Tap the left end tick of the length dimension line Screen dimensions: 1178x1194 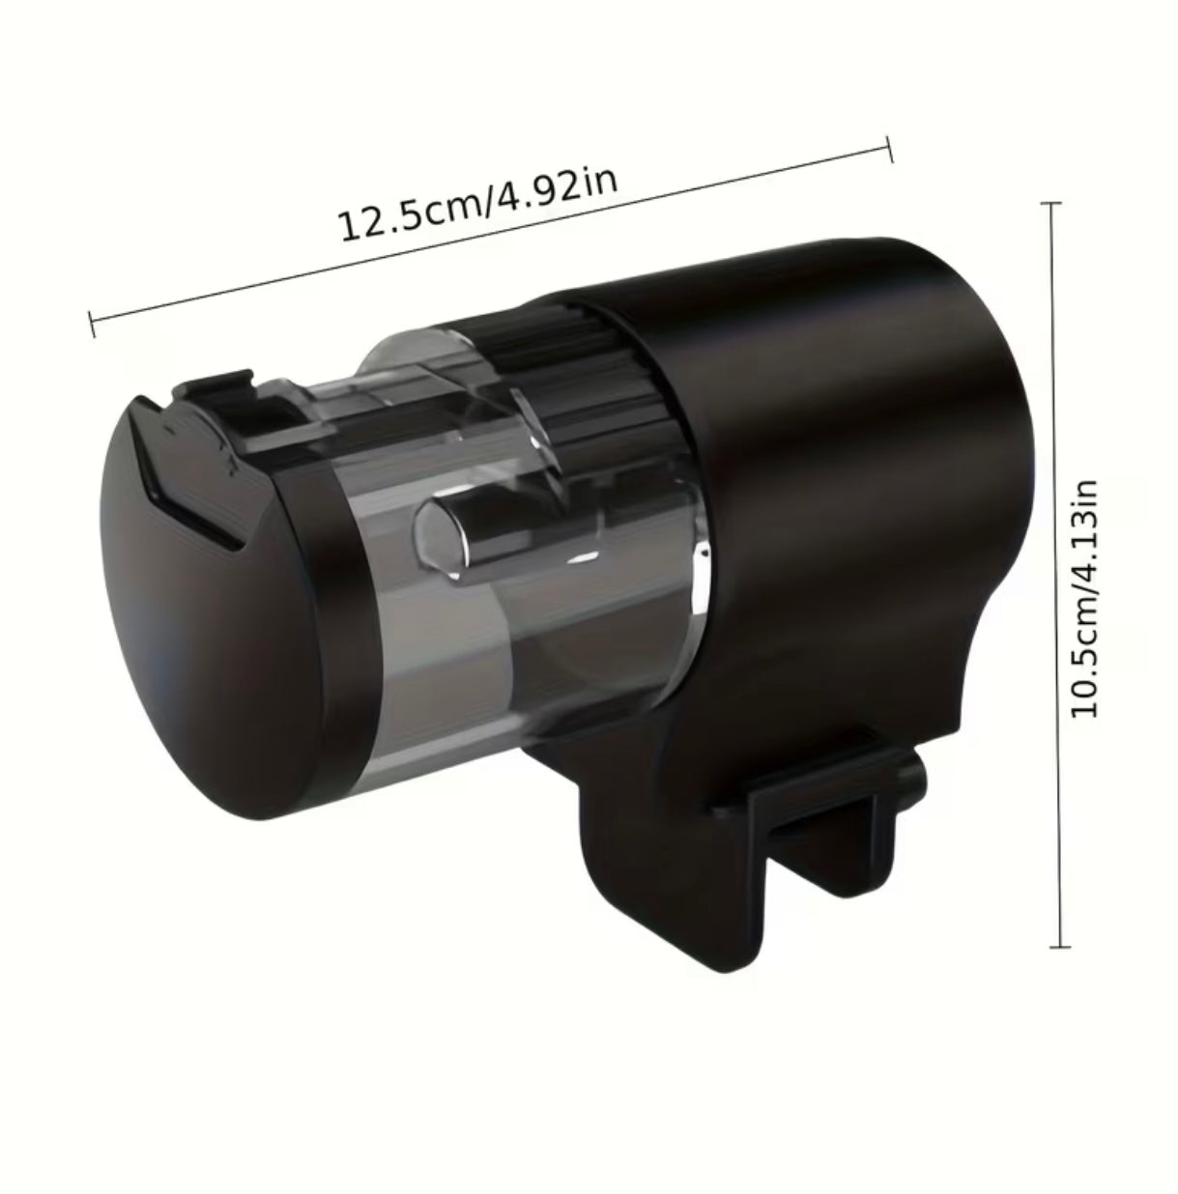coord(92,324)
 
